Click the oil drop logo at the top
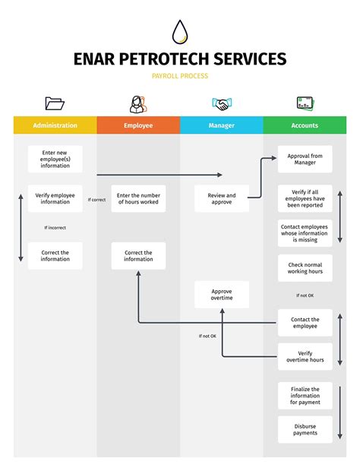click(x=180, y=32)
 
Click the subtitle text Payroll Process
click(x=180, y=76)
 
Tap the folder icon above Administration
click(x=55, y=103)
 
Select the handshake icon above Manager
click(x=221, y=104)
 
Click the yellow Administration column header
click(x=55, y=125)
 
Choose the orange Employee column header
click(x=138, y=125)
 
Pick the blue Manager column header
click(x=222, y=125)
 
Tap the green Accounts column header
click(x=305, y=125)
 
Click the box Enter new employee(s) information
click(x=55, y=159)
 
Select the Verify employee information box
click(x=55, y=199)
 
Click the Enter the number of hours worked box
click(x=138, y=199)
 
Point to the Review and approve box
click(x=222, y=199)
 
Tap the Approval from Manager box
click(x=305, y=159)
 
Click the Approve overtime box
click(x=222, y=295)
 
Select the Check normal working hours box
click(x=305, y=267)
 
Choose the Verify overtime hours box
click(x=305, y=356)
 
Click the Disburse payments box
click(x=305, y=430)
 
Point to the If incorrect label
click(x=55, y=227)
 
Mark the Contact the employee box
click(x=305, y=323)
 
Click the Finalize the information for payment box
click(x=305, y=395)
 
